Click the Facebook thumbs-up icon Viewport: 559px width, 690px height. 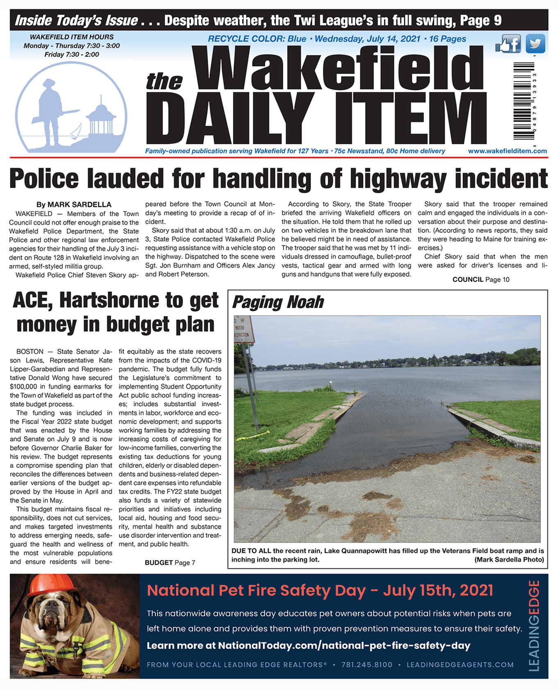[x=508, y=44]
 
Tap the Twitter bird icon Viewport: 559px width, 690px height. [x=535, y=43]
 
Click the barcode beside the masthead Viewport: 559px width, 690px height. [x=524, y=101]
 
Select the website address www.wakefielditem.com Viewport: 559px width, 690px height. [x=507, y=151]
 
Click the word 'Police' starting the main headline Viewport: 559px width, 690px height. [x=44, y=179]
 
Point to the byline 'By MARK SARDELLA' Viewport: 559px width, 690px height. [x=74, y=204]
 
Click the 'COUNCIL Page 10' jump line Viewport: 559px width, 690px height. [x=481, y=279]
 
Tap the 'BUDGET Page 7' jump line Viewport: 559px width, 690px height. [x=170, y=563]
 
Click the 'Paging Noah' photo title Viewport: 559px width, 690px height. [x=278, y=302]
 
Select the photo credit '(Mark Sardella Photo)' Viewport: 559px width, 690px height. [x=509, y=559]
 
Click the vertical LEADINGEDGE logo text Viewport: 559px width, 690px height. [x=534, y=626]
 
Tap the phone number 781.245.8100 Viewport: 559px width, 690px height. [x=367, y=665]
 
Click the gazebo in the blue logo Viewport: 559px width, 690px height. [x=100, y=119]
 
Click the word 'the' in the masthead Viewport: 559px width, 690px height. [x=164, y=81]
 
